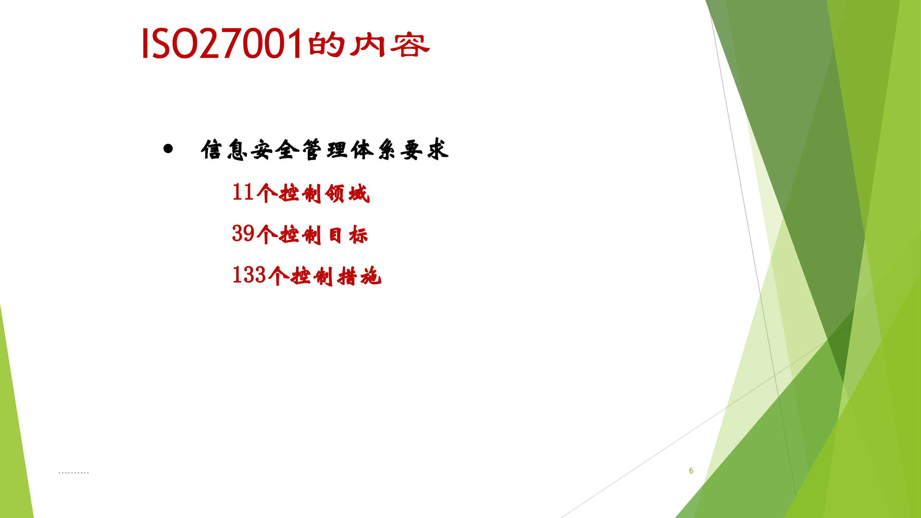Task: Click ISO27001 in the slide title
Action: coord(221,44)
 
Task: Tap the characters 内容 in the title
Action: coord(390,45)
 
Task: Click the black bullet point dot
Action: coord(168,149)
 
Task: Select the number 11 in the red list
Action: coord(243,192)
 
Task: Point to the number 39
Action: coord(243,233)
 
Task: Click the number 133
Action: coord(249,275)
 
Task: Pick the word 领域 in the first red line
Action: coord(347,194)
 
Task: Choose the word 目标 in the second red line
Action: coord(348,235)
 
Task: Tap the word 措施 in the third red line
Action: coord(359,276)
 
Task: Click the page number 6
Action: coord(691,471)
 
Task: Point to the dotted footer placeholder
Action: coord(73,472)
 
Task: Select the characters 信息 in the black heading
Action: coord(224,149)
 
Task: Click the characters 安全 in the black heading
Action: coord(275,150)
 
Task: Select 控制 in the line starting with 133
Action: coord(312,276)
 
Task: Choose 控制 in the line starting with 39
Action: coord(300,235)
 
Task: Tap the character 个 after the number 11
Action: coord(267,193)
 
